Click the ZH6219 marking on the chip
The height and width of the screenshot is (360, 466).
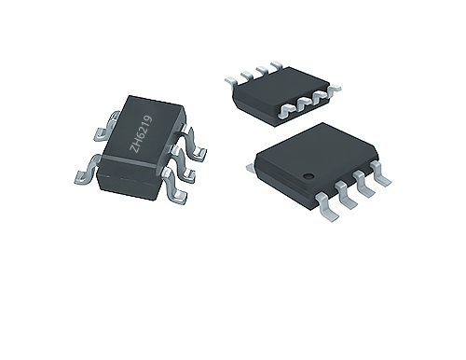(142, 133)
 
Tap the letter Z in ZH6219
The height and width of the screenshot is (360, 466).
(134, 148)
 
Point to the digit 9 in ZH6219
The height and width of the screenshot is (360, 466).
(148, 118)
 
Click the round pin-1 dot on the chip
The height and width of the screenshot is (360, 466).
(308, 176)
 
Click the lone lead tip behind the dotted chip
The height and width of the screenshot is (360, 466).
(251, 168)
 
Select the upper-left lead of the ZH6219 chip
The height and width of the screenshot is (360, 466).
(105, 128)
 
